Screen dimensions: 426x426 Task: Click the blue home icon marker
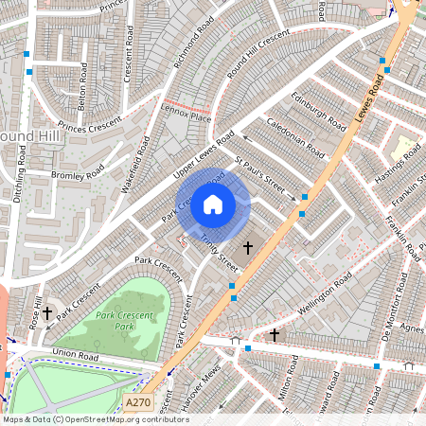[213, 204]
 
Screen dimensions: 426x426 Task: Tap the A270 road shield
[139, 403]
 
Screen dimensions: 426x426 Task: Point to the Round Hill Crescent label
[257, 58]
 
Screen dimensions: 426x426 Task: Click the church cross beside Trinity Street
[248, 248]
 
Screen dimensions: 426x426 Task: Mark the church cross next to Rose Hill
[46, 311]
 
